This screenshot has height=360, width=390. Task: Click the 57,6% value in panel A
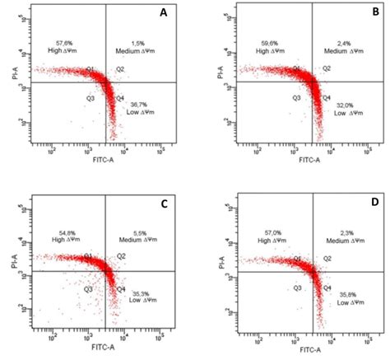(65, 41)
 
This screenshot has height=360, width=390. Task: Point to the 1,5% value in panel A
(138, 41)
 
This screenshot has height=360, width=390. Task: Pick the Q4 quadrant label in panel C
(122, 289)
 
